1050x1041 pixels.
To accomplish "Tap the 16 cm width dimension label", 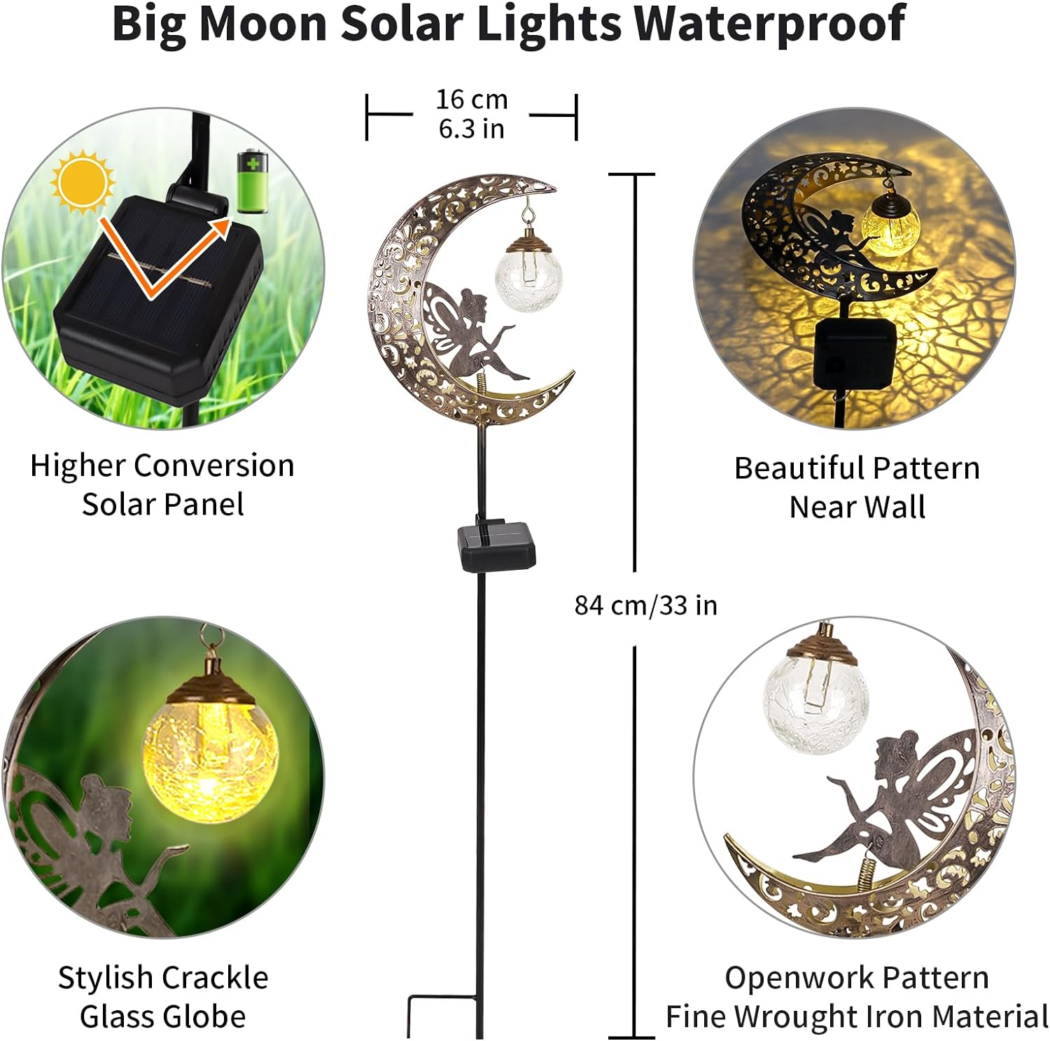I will (x=471, y=100).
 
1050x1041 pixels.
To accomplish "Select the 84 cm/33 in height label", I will (x=645, y=606).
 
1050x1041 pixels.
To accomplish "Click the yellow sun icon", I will (x=83, y=181).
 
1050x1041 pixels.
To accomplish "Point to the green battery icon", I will (x=253, y=181).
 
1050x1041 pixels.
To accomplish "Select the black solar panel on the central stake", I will (x=496, y=546).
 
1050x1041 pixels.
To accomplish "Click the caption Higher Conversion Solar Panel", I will (x=162, y=484).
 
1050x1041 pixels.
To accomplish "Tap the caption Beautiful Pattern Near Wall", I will (x=857, y=487).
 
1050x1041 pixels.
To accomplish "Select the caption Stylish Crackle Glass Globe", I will (x=162, y=997).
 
